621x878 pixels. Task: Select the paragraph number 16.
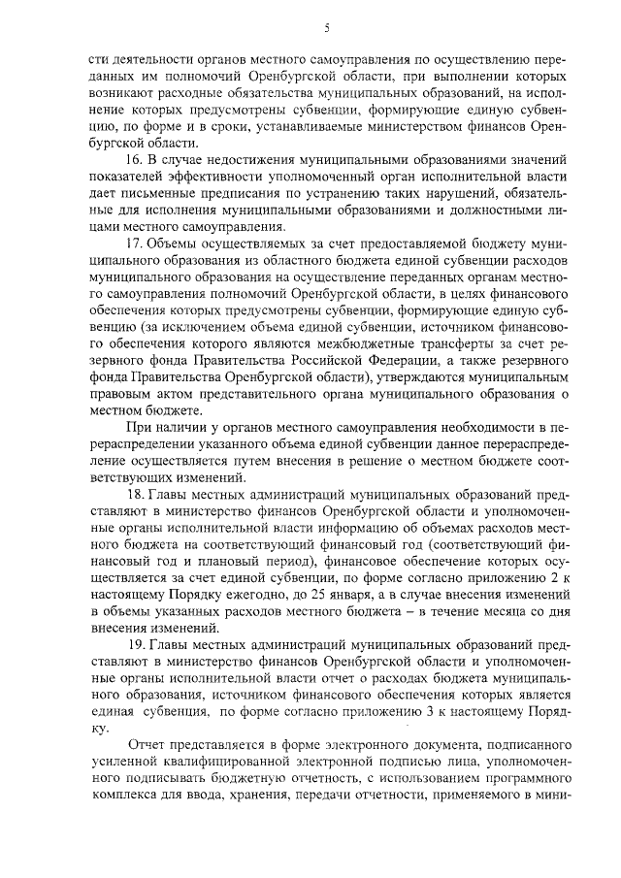[x=136, y=157]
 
